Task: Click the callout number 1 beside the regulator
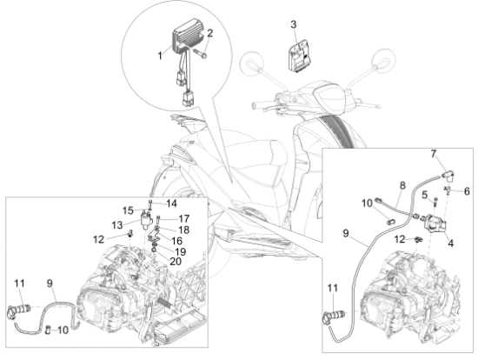click(160, 56)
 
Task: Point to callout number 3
click(293, 24)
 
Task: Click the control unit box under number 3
click(299, 57)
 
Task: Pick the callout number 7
click(434, 155)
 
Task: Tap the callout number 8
click(402, 185)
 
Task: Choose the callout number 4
click(450, 243)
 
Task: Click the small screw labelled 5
click(435, 202)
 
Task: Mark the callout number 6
click(467, 191)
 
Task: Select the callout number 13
click(117, 225)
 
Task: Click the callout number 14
click(171, 203)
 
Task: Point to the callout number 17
click(184, 218)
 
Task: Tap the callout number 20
click(176, 261)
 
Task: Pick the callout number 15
click(128, 210)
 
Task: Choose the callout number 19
click(180, 251)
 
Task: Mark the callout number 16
click(176, 241)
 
